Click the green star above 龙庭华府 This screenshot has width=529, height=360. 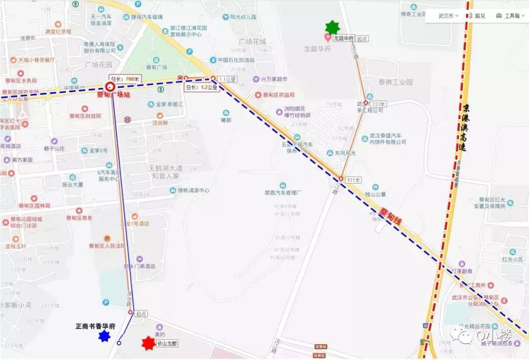click(x=333, y=27)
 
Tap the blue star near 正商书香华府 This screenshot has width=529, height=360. click(x=104, y=336)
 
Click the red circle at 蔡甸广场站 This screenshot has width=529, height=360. click(x=110, y=87)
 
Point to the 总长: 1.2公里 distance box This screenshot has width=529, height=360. click(x=201, y=88)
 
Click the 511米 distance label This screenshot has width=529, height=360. click(x=353, y=180)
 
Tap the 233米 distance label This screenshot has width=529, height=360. click(x=379, y=104)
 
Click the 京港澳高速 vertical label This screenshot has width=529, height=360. click(x=466, y=127)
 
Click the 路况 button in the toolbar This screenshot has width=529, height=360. click(x=476, y=16)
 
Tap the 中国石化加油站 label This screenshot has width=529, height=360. click(x=236, y=60)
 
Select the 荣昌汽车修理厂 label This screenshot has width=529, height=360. click(x=283, y=192)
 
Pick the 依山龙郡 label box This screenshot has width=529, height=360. click(x=167, y=343)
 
